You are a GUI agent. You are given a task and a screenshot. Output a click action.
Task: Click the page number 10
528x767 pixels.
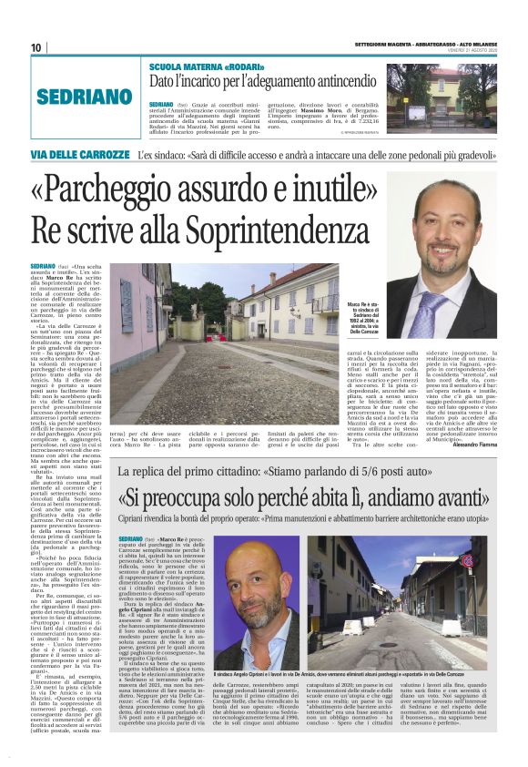pyautogui.click(x=36, y=47)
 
